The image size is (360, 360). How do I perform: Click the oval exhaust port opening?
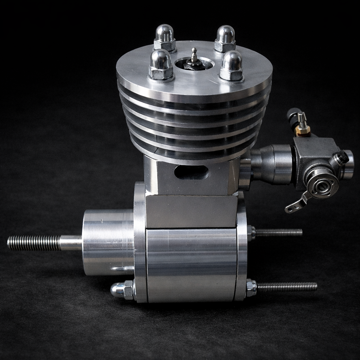(191, 172)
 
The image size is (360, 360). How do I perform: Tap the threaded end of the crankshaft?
(33, 243)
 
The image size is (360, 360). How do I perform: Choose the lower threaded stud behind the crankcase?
(287, 287)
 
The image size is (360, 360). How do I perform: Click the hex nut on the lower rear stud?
(251, 288)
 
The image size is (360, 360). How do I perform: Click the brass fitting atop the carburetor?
(302, 130)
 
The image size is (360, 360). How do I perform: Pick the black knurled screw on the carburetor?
(341, 157)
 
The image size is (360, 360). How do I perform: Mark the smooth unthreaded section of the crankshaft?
(71, 243)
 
